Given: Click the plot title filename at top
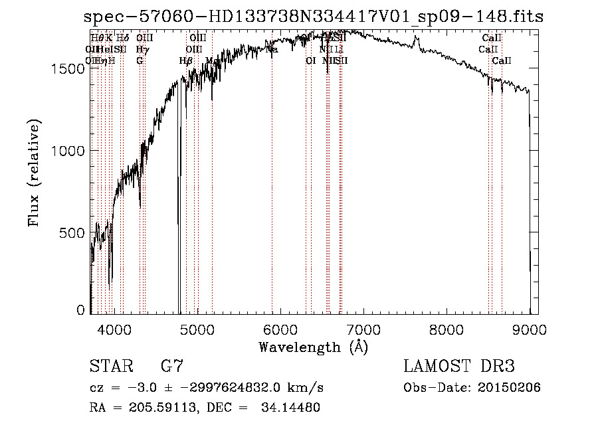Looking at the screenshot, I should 314,17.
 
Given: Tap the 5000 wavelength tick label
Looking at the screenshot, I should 197,328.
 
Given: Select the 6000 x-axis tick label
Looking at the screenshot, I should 280,328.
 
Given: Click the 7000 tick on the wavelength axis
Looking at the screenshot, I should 363,328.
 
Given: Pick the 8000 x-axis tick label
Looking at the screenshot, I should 447,328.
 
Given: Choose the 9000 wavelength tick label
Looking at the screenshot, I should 530,328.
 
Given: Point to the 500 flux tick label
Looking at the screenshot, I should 72,233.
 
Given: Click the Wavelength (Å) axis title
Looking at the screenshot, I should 313,347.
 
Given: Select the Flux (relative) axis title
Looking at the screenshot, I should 34,173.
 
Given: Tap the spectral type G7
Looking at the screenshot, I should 171,366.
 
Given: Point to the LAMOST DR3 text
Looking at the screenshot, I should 459,366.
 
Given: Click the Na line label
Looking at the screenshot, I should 272,49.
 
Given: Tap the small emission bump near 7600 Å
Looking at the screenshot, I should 417,42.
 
